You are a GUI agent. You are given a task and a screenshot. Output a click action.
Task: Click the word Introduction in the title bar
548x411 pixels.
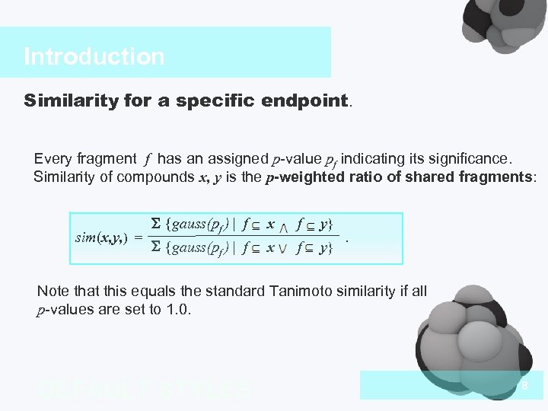click(94, 56)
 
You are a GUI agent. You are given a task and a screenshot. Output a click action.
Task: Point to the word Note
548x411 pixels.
click(53, 292)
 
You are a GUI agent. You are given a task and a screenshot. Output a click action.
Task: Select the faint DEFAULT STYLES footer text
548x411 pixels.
click(144, 390)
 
